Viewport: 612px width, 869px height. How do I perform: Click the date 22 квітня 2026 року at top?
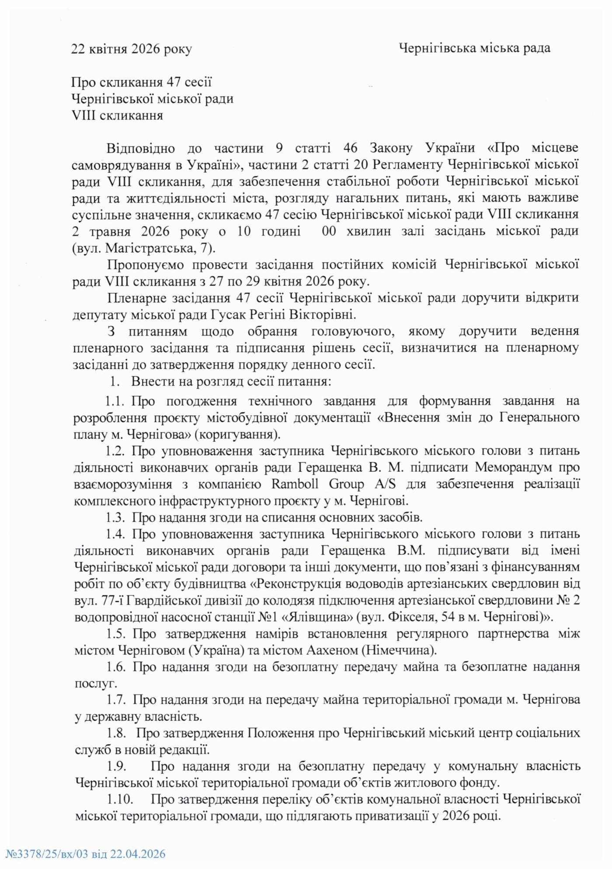(x=132, y=49)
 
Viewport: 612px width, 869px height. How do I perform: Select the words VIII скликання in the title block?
(x=117, y=115)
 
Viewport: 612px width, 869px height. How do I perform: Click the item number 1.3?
(x=115, y=518)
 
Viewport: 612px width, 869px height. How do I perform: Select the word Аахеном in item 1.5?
(x=330, y=650)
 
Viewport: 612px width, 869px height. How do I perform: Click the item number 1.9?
(x=116, y=766)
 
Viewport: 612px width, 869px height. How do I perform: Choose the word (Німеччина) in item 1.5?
(x=399, y=650)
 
